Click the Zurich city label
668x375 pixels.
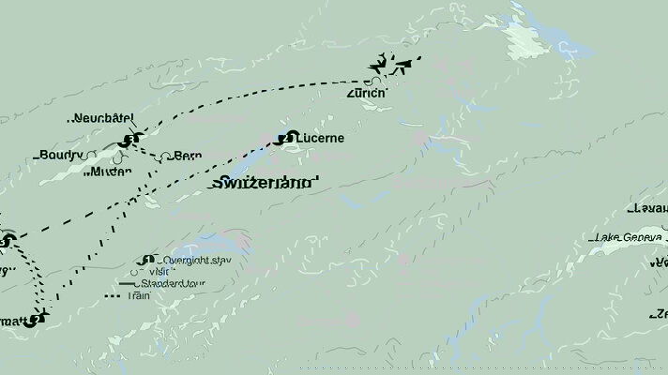(x=366, y=94)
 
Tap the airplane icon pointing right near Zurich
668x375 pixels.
(x=405, y=66)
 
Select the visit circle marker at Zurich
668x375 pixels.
(x=367, y=82)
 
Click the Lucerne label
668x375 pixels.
(x=320, y=138)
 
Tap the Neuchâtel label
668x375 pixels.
(x=103, y=119)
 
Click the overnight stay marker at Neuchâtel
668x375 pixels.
(x=129, y=141)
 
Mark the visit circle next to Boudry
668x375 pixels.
(x=91, y=155)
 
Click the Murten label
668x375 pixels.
(x=106, y=172)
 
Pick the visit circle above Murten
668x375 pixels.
(x=118, y=158)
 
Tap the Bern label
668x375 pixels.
(x=188, y=157)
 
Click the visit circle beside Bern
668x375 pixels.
(x=165, y=157)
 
